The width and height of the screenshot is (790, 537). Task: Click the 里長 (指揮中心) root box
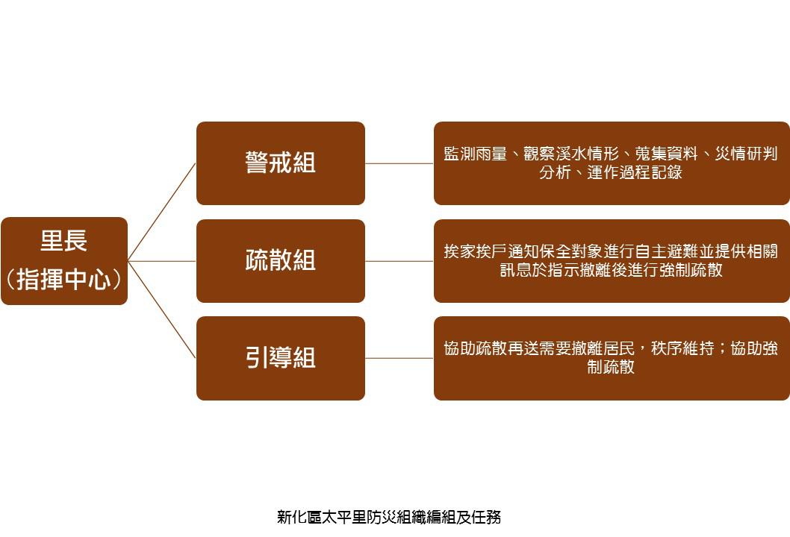tap(64, 261)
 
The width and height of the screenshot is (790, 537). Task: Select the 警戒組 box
tap(281, 163)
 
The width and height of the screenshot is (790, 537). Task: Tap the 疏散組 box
tap(281, 261)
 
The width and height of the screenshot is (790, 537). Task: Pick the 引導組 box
tap(281, 358)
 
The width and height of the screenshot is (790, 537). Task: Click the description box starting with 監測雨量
tap(612, 163)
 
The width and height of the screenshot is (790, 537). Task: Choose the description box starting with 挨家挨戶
tap(612, 261)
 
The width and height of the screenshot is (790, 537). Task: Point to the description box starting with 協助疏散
tap(612, 358)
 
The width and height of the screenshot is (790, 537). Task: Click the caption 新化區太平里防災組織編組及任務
tap(389, 517)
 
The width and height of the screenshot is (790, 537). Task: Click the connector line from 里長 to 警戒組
tap(162, 212)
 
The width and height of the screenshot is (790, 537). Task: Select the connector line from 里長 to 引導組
tap(162, 310)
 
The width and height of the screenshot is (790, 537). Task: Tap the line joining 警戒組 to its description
tap(399, 163)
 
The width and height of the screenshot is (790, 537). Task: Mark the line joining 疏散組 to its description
tap(399, 261)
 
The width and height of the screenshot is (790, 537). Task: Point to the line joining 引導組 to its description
tap(399, 358)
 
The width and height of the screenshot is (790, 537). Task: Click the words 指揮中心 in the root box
tap(64, 280)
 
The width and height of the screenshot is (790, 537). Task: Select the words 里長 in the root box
tap(64, 241)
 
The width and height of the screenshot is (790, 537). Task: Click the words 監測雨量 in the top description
tap(475, 154)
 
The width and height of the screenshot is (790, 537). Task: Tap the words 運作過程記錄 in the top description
tap(635, 172)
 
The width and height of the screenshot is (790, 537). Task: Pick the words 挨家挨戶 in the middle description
tap(475, 251)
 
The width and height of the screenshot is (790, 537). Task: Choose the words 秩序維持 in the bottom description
tap(682, 348)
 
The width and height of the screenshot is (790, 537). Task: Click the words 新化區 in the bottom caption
tap(299, 517)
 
